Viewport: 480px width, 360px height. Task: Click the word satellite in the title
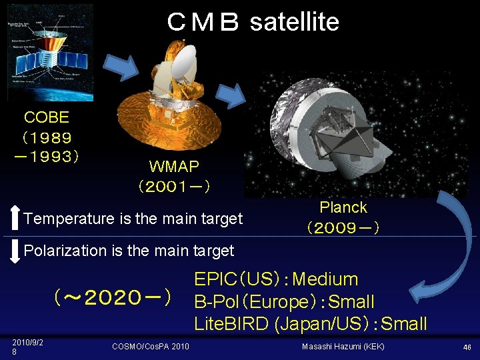click(x=294, y=22)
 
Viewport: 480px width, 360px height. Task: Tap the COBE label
click(x=47, y=117)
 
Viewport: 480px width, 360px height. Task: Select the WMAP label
click(x=173, y=166)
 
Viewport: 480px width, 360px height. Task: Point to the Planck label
click(x=343, y=207)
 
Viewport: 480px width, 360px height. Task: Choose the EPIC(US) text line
click(x=276, y=279)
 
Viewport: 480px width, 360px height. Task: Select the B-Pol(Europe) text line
click(x=284, y=301)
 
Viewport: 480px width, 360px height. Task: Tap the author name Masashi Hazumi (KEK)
click(x=343, y=346)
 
